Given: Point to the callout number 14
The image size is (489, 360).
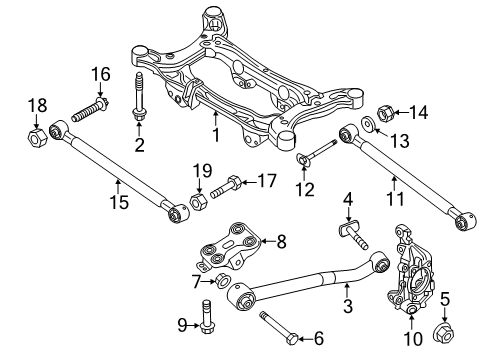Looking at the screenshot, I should point(418,112).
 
